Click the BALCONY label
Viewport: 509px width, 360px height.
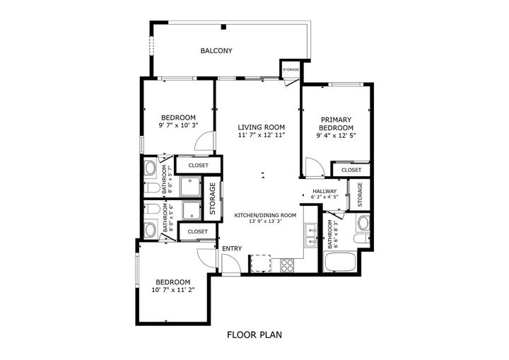[x=216, y=51]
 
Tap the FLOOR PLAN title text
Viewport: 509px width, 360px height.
[x=254, y=335]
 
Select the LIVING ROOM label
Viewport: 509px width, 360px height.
[x=261, y=127]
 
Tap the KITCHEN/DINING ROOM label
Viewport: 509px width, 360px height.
[x=265, y=215]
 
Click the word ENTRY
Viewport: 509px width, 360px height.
[x=232, y=249]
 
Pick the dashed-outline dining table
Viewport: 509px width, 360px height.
[x=259, y=263]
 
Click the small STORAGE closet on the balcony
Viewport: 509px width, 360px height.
[x=291, y=71]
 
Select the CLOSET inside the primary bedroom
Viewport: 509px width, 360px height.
[x=351, y=170]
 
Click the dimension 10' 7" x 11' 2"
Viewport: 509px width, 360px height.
[x=172, y=289]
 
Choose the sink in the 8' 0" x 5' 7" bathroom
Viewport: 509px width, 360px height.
[x=150, y=168]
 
